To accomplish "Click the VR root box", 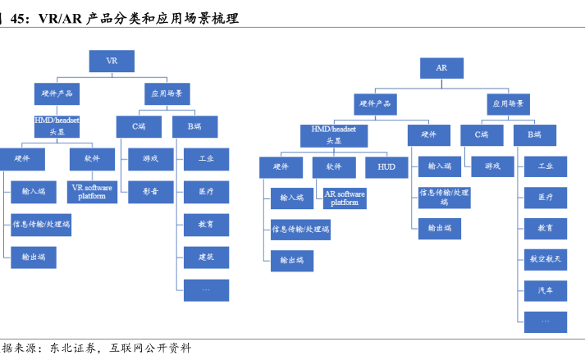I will pyautogui.click(x=111, y=61).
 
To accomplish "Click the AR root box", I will pyautogui.click(x=441, y=69).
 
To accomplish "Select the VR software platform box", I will pyautogui.click(x=92, y=192).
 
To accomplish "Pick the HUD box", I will pyautogui.click(x=386, y=166).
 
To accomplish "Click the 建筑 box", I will pyautogui.click(x=206, y=257).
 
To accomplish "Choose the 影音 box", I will pyautogui.click(x=150, y=191).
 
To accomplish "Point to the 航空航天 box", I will pyautogui.click(x=546, y=259).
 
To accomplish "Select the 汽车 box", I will pyautogui.click(x=546, y=290).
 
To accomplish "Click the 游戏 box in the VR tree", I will pyautogui.click(x=150, y=158).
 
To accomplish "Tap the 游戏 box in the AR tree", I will pyautogui.click(x=492, y=166).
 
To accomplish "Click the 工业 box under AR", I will pyautogui.click(x=546, y=166).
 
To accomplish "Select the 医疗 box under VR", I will pyautogui.click(x=206, y=191).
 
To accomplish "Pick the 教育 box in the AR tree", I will pyautogui.click(x=546, y=228).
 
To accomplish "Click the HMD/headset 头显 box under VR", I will pyautogui.click(x=57, y=125).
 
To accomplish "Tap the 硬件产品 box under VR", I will pyautogui.click(x=57, y=93).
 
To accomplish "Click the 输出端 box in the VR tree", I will pyautogui.click(x=34, y=257).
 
